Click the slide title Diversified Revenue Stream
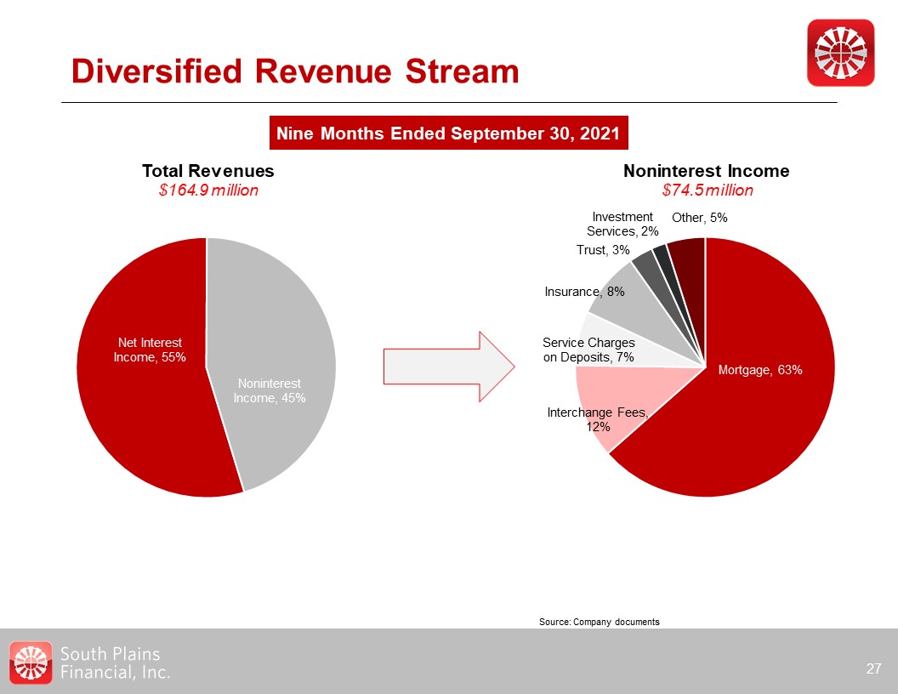[295, 72]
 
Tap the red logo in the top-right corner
[840, 53]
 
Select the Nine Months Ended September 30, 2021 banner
[449, 134]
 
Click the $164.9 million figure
[208, 191]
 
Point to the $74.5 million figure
[707, 191]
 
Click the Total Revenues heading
[208, 171]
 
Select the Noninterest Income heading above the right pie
[707, 171]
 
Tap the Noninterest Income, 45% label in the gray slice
[270, 390]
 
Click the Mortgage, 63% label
[760, 370]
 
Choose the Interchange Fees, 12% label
[598, 419]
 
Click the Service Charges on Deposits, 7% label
[588, 350]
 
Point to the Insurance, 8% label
[584, 292]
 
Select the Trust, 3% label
[603, 250]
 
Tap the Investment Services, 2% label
[622, 224]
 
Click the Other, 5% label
[699, 218]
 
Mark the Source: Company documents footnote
[599, 622]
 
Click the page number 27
[873, 668]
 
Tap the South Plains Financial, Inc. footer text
[115, 663]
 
